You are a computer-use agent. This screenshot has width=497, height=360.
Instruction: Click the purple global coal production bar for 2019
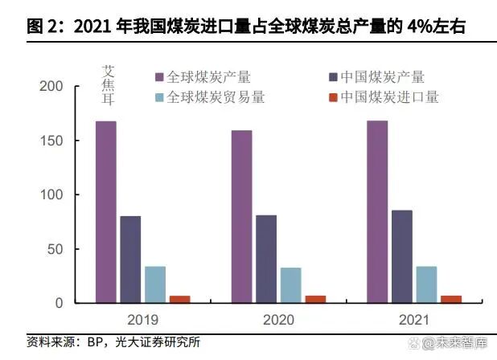point(106,212)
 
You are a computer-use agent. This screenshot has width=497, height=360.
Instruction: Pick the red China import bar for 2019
point(180,300)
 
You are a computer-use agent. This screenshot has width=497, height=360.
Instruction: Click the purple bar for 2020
point(241,216)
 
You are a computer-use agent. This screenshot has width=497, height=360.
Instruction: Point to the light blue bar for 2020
point(290,285)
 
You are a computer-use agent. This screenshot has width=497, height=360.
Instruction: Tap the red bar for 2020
point(315,300)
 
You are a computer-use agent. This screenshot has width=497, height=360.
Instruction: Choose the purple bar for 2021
point(377,212)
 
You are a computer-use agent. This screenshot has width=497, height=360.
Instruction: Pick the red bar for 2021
point(451,300)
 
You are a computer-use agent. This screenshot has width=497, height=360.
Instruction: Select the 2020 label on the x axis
point(278,320)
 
